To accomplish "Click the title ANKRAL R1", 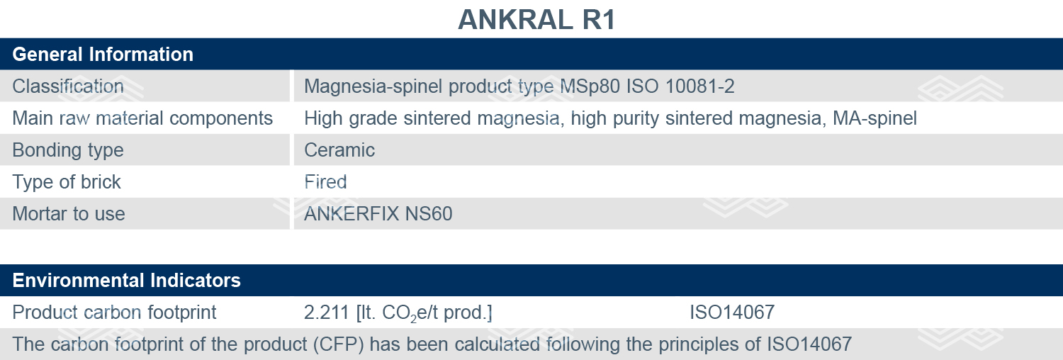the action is click(536, 20).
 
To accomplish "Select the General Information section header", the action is click(103, 54).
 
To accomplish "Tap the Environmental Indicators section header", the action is click(127, 281).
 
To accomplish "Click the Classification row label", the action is click(68, 86).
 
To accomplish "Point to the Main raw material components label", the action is click(142, 118).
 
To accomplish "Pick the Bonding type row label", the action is click(68, 150).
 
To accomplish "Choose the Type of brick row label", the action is click(67, 182).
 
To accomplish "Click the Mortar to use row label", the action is click(69, 214).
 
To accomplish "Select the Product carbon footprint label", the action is click(114, 313).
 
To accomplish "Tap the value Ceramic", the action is click(339, 150).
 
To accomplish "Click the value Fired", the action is click(325, 182).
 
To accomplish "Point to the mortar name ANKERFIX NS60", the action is click(378, 214).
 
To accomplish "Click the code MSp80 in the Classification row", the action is click(590, 86).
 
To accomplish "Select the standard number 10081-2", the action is click(700, 86).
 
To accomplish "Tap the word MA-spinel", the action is click(874, 118).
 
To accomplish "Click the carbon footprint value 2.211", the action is click(327, 313).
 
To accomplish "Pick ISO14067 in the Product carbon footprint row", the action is click(732, 313).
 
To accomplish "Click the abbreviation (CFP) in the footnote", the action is click(338, 344).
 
